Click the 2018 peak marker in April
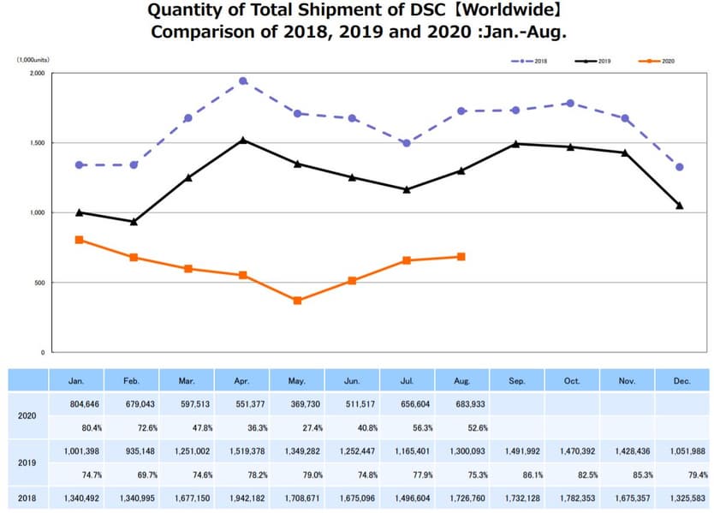point(243,81)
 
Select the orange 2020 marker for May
point(297,301)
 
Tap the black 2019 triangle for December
point(679,206)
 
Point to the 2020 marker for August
point(461,257)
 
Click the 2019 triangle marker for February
point(134,222)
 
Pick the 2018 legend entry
point(527,62)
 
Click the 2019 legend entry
point(592,62)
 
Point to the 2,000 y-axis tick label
point(35,74)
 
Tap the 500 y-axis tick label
point(39,283)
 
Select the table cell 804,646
point(79,402)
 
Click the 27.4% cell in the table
point(297,427)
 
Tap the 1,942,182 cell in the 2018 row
point(243,498)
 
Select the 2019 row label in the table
point(27,462)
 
